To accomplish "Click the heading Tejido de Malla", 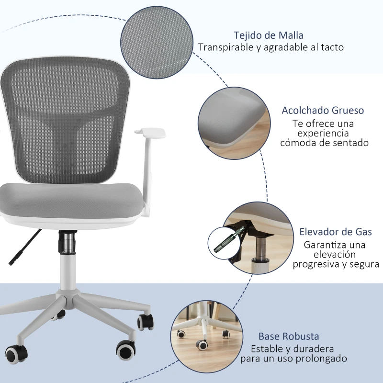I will point(269,35).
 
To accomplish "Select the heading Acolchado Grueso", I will point(323,111).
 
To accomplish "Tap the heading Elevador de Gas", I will point(335,232).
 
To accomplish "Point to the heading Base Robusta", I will point(289,337).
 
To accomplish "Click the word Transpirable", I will point(225,47).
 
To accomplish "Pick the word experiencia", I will point(321,133).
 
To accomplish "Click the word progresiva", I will point(316,264).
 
